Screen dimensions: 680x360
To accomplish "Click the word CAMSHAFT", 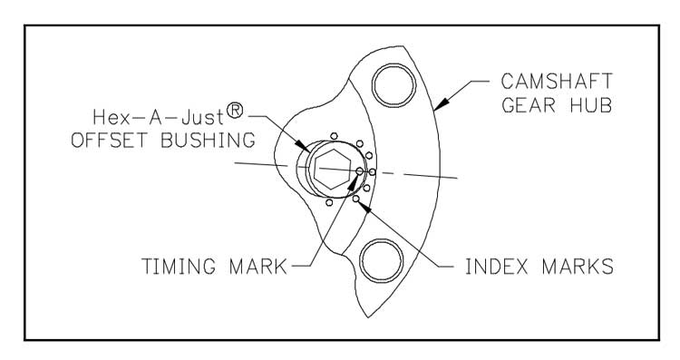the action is (557, 81).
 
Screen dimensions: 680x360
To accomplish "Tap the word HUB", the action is (591, 105).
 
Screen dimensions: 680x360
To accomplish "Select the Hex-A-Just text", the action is (159, 117).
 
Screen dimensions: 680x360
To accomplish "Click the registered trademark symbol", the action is (235, 111).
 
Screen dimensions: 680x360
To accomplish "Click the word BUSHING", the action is (209, 141).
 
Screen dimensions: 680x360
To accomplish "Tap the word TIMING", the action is (179, 267).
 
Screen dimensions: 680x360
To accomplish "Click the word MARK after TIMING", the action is (258, 267).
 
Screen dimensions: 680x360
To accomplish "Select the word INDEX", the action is (497, 267).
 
